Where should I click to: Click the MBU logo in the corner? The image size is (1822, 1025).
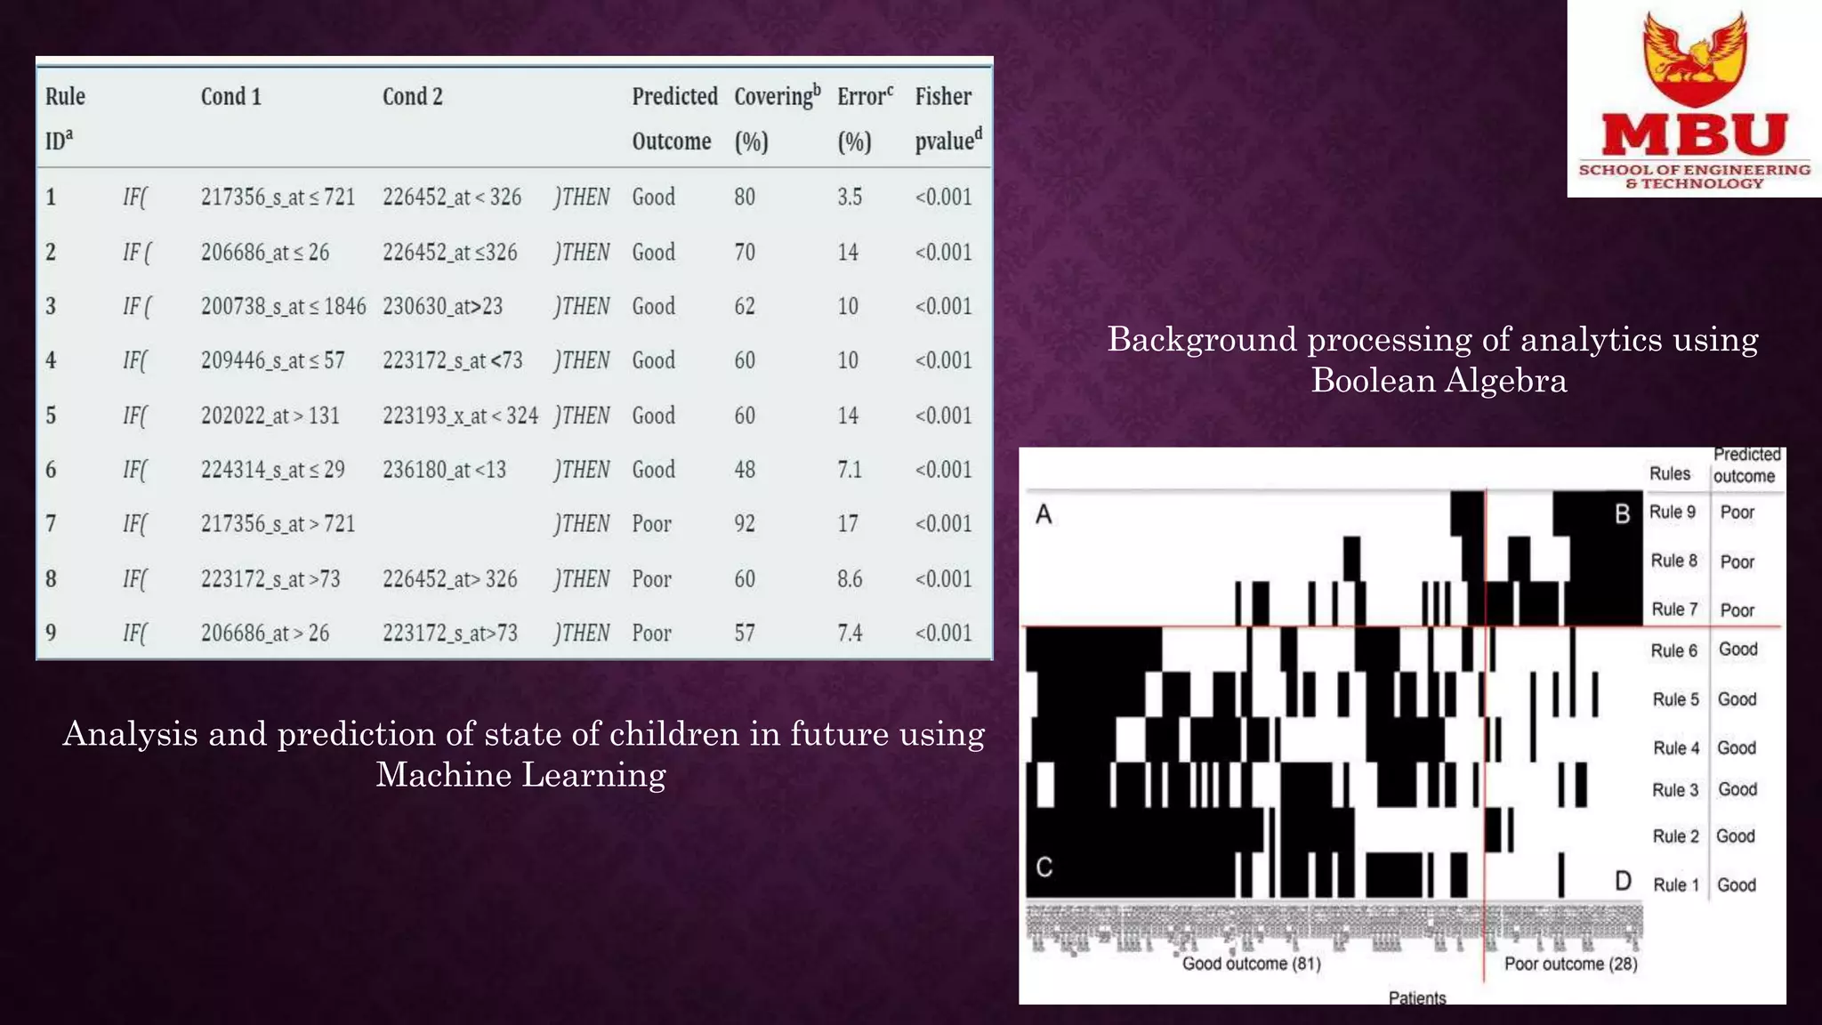point(1694,100)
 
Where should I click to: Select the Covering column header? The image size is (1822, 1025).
point(777,97)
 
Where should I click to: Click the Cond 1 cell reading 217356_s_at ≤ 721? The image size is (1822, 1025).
point(278,197)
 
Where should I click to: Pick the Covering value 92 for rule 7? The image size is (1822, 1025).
point(745,524)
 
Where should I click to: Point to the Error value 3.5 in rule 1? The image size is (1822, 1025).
point(850,197)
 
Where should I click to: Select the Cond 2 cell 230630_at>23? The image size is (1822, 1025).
point(442,307)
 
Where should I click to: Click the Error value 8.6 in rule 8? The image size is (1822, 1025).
point(850,579)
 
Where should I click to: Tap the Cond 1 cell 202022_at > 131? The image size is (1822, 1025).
point(270,416)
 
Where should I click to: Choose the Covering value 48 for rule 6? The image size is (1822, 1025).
point(745,470)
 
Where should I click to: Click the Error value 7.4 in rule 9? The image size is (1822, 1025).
point(850,634)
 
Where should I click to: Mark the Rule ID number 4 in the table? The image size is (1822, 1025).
point(51,360)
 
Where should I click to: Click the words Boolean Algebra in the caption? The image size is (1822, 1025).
point(1439,381)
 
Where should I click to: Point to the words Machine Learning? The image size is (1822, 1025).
point(520,775)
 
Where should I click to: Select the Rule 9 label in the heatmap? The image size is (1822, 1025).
point(1673,512)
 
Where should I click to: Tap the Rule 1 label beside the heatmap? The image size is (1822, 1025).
point(1675,885)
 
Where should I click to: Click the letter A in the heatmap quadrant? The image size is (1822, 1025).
point(1044,514)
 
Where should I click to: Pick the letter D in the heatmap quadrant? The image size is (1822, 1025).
point(1623,882)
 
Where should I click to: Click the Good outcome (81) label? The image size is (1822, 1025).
point(1251,964)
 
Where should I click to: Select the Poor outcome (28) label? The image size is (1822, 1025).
point(1570,964)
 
